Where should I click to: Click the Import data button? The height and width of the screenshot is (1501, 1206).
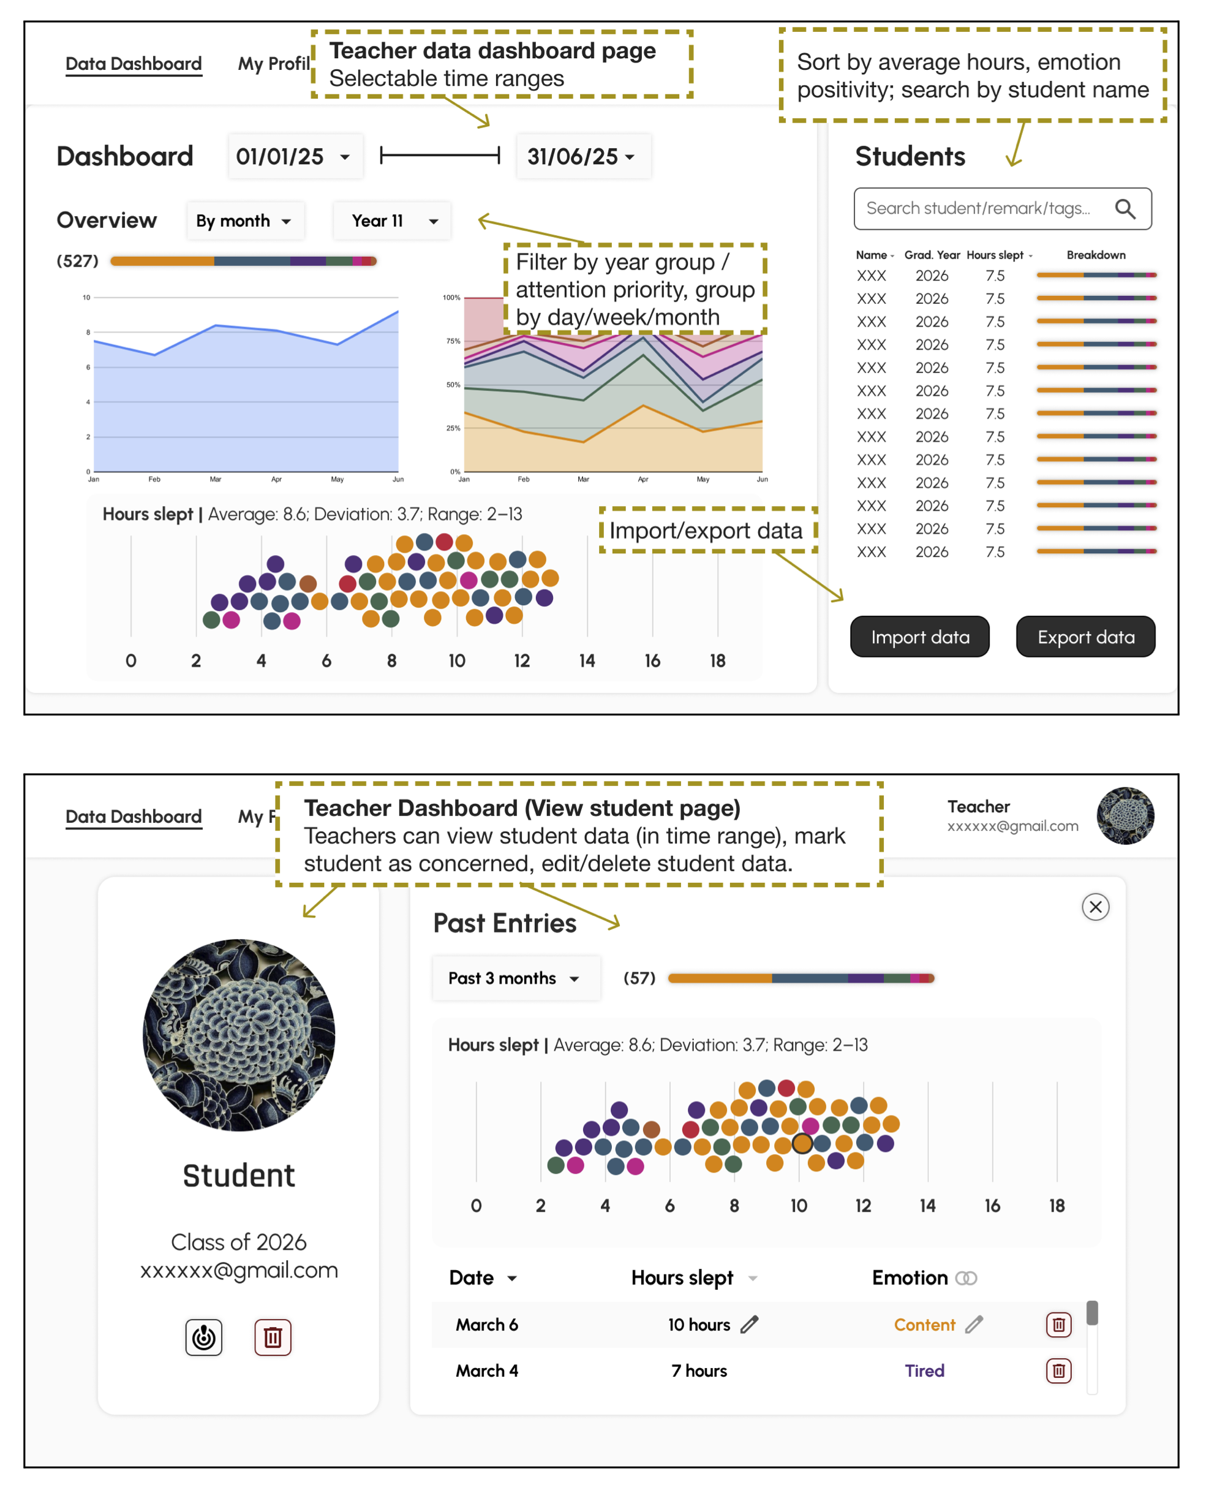coord(919,637)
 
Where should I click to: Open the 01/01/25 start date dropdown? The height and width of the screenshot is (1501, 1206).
coord(295,157)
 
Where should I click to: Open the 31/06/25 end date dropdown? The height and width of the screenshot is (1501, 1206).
coord(583,157)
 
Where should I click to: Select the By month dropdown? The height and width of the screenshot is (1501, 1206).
coord(245,221)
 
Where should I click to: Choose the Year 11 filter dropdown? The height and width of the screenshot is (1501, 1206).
coord(392,221)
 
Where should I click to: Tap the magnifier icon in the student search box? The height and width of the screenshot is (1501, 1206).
coord(1125,208)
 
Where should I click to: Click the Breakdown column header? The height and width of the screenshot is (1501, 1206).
coord(1096,255)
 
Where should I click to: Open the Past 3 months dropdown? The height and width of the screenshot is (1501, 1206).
coord(516,978)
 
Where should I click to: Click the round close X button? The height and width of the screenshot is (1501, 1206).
coord(1095,907)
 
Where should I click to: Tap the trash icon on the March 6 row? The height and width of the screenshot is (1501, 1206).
coord(1058,1324)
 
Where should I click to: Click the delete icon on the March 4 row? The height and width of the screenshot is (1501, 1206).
coord(1058,1371)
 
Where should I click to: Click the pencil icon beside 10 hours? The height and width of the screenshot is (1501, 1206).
coord(750,1324)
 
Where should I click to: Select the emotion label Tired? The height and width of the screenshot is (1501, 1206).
coord(924,1371)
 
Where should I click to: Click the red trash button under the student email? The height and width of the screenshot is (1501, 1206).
coord(273,1337)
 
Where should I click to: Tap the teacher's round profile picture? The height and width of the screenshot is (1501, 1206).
coord(1125,816)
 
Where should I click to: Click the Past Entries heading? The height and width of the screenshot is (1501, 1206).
coord(505,923)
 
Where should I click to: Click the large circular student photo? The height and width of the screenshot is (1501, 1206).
coord(239,1035)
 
